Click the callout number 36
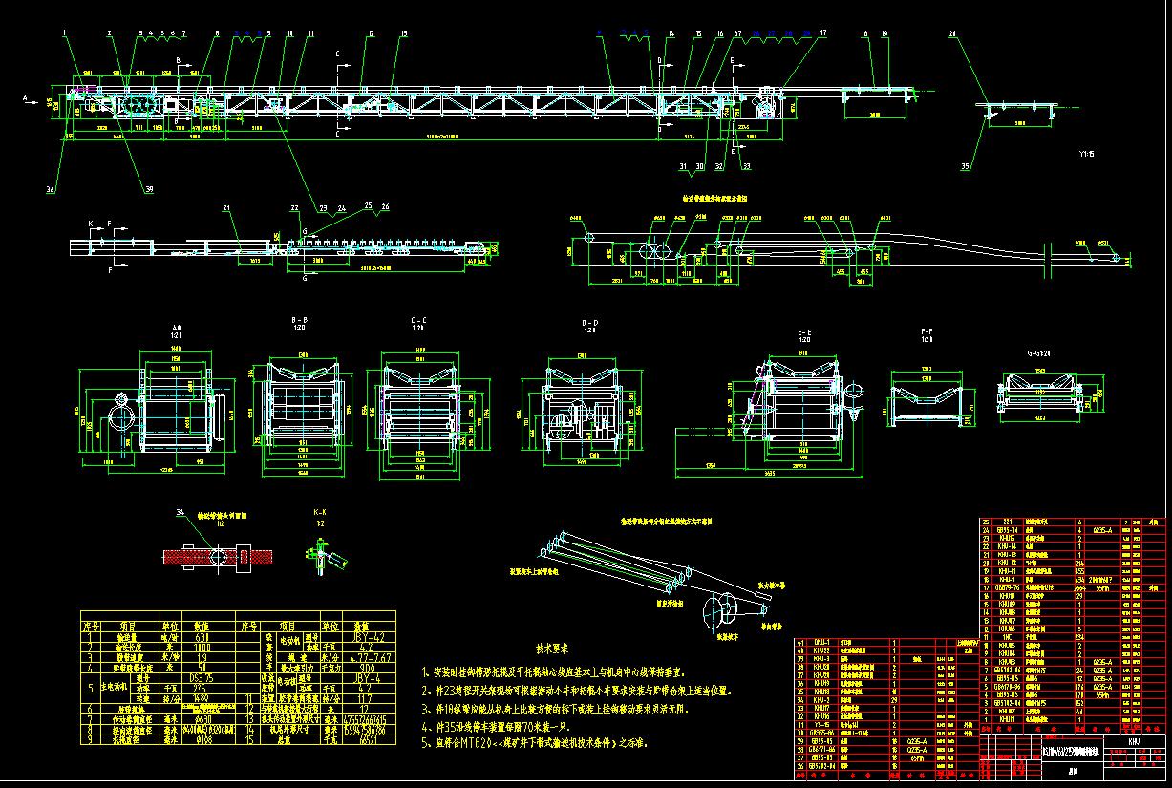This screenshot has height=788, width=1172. click(50, 189)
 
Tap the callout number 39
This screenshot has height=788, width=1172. click(149, 188)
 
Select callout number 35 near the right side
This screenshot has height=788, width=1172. click(964, 166)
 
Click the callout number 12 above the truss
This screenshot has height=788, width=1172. click(371, 33)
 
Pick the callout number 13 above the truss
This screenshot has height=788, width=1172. click(403, 33)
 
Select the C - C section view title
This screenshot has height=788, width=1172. click(417, 320)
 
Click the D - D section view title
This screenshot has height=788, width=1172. click(591, 325)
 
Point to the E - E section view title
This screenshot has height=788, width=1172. click(803, 331)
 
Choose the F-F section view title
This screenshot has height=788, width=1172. click(926, 331)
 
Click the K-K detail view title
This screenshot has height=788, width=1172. click(321, 514)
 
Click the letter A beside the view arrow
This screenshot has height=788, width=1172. click(25, 97)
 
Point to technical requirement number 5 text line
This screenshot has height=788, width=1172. click(535, 742)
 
